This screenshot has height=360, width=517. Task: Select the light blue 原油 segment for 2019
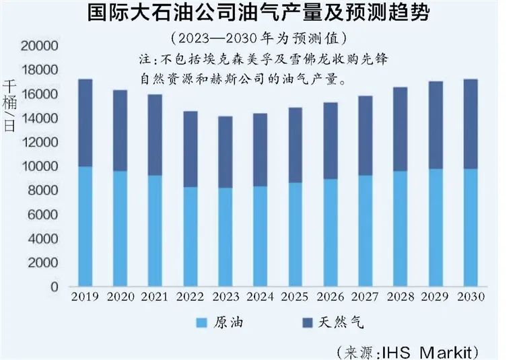coord(85,226)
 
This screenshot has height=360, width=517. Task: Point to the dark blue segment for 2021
coord(155,135)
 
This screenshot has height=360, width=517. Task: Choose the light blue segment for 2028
coord(400,228)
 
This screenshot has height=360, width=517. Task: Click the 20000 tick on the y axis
coord(39,46)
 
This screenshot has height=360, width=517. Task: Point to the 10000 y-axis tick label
coord(39,166)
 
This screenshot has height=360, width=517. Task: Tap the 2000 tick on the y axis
coord(42,262)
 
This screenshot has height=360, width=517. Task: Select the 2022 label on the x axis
coord(190,297)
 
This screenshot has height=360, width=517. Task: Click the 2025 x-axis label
coord(295,297)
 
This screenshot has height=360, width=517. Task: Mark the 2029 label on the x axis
coord(435,297)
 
